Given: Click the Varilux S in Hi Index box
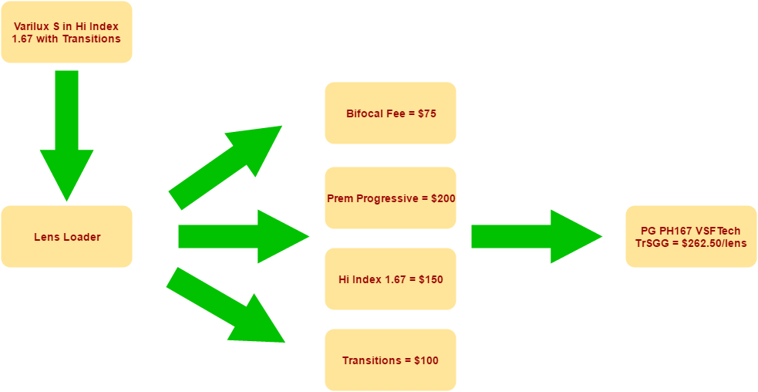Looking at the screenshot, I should click(x=66, y=32).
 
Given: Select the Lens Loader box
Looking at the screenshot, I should click(x=66, y=236).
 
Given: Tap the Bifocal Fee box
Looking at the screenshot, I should click(x=390, y=113).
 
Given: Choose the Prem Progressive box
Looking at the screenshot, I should click(x=390, y=198).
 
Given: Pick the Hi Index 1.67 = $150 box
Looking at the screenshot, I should click(x=390, y=279).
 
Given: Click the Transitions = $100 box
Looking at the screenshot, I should click(x=390, y=360).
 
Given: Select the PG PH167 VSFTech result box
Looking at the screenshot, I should click(x=691, y=236).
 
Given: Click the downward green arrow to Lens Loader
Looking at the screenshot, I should click(x=66, y=135).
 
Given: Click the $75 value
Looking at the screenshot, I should click(x=427, y=114).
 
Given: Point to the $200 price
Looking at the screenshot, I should click(x=443, y=198).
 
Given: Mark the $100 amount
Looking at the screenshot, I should click(x=426, y=360).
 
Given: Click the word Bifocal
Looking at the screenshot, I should click(x=364, y=114).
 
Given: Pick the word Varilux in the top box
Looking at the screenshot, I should click(x=32, y=26).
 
